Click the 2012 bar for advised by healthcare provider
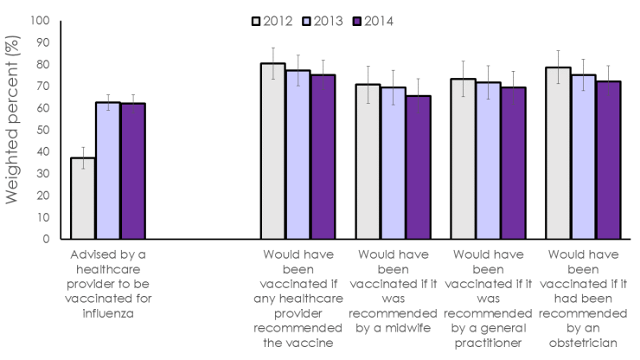[83, 198]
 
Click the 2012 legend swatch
[257, 21]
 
